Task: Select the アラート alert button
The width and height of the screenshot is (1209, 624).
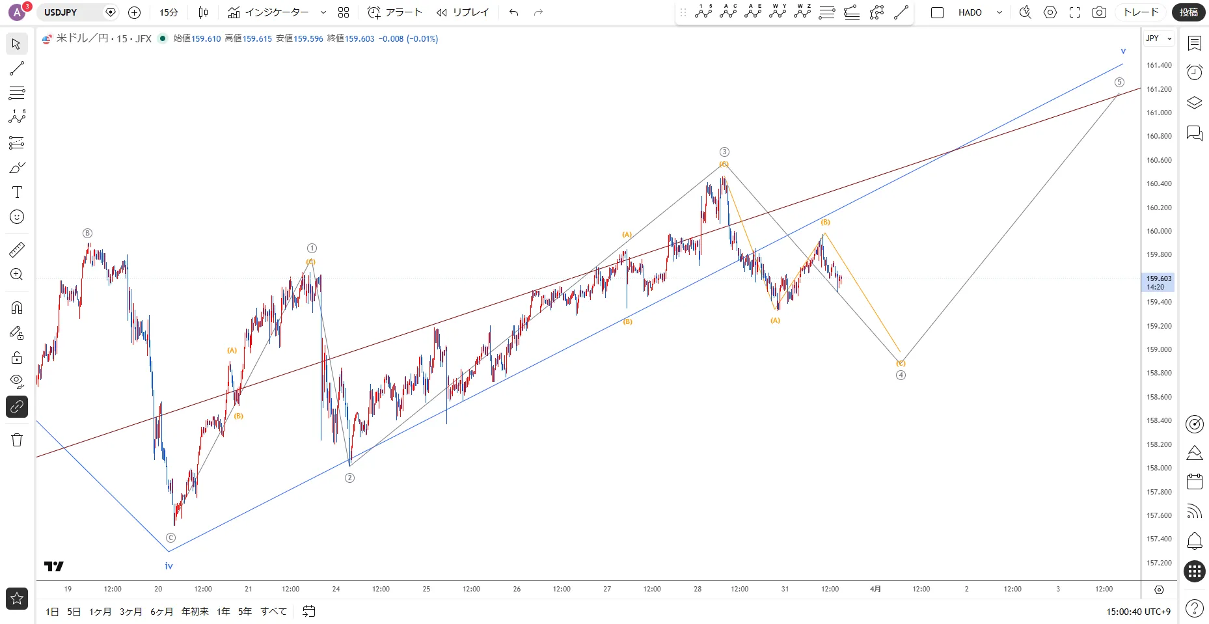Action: (x=395, y=12)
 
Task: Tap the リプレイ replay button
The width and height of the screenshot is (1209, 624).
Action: (x=463, y=12)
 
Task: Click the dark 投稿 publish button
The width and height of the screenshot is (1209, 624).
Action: (x=1188, y=12)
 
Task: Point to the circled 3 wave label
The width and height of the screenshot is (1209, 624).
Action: (x=724, y=152)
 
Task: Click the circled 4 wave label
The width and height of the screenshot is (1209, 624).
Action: (x=901, y=375)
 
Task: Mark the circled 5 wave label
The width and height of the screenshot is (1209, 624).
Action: (x=1119, y=83)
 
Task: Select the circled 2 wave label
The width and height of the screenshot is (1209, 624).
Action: (x=349, y=478)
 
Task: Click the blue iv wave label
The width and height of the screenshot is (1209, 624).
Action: (x=169, y=566)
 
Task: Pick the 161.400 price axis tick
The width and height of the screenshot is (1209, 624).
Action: (x=1159, y=65)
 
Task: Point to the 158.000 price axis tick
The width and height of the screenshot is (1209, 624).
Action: (x=1159, y=468)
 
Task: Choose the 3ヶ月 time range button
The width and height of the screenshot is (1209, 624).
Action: (x=131, y=612)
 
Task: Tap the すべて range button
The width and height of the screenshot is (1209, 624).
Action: (x=273, y=612)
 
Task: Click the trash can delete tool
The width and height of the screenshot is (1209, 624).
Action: (x=17, y=440)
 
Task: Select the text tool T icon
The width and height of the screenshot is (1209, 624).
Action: (x=17, y=192)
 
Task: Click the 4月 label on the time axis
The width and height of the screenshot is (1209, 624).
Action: (x=875, y=589)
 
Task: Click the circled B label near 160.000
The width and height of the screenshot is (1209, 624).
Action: (x=87, y=233)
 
